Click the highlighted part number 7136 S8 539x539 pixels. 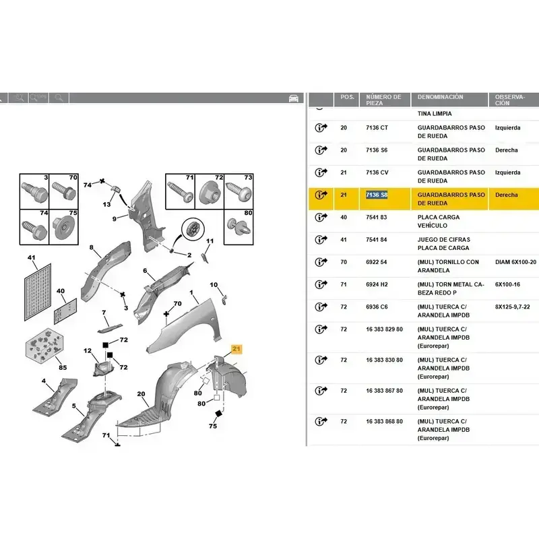(x=377, y=195)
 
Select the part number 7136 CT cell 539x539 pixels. (x=377, y=127)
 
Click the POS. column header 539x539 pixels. (x=348, y=97)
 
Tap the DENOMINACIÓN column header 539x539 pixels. (x=441, y=97)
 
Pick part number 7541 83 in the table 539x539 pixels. (x=377, y=217)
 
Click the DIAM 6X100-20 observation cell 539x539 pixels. (x=515, y=262)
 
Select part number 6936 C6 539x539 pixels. (x=377, y=307)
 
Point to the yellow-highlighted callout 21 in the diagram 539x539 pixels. (x=236, y=348)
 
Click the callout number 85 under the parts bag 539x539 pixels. (x=62, y=367)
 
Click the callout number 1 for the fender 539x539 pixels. (x=191, y=293)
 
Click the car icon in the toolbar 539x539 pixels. (x=294, y=98)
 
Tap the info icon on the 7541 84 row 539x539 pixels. (x=320, y=240)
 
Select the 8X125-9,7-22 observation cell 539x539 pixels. (x=515, y=307)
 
